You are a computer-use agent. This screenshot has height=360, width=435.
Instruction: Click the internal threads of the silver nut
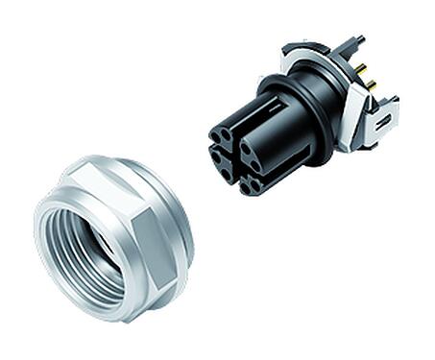[96, 252]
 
